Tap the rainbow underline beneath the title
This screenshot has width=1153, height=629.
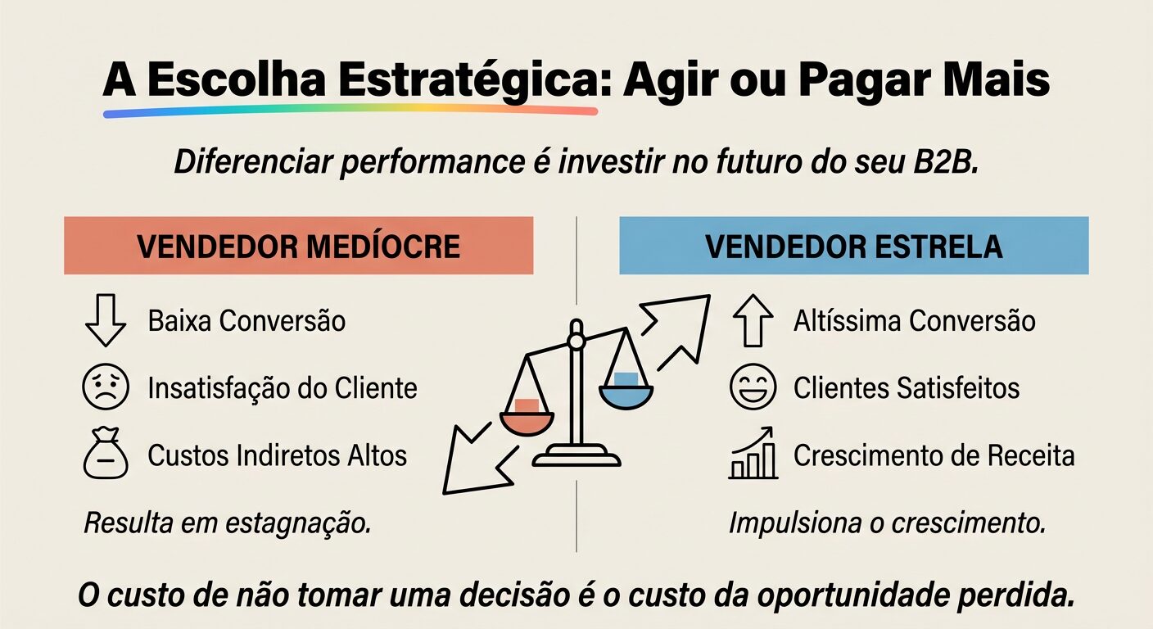(x=350, y=110)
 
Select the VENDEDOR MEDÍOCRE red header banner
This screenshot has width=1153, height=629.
(x=298, y=246)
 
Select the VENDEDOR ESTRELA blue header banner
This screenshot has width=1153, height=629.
(x=853, y=246)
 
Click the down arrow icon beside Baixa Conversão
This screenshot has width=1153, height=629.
(x=106, y=320)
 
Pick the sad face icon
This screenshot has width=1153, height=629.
(x=106, y=387)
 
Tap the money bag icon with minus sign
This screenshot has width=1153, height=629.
(x=106, y=455)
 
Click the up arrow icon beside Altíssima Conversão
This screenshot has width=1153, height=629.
(x=752, y=321)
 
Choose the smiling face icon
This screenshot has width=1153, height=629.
(x=753, y=388)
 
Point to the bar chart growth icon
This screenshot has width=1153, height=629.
(x=753, y=455)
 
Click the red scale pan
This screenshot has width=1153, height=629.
(x=527, y=419)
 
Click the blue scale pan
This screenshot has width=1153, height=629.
(x=626, y=393)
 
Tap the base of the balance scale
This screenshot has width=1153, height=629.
(x=576, y=455)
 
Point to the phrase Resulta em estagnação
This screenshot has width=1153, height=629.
(x=228, y=523)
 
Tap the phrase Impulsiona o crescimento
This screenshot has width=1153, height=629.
(x=887, y=523)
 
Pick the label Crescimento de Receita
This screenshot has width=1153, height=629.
(x=934, y=455)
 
